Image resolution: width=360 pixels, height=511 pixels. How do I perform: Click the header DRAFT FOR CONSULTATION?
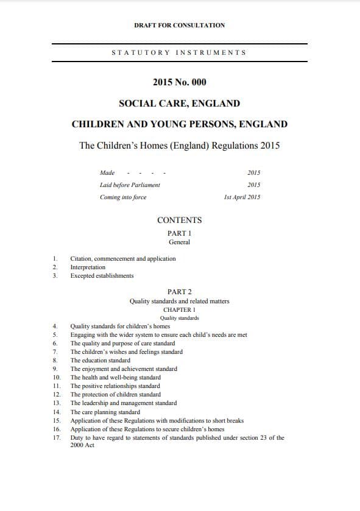(x=179, y=25)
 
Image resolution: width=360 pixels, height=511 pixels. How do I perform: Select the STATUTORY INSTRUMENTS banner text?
(x=179, y=52)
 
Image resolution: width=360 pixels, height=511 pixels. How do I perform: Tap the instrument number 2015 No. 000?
(x=179, y=82)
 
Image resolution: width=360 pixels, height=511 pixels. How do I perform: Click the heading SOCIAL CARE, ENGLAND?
(x=179, y=104)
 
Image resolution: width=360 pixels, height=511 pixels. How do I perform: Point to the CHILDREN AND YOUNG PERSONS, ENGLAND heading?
(x=179, y=124)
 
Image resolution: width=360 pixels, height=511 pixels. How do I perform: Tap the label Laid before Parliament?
(x=130, y=185)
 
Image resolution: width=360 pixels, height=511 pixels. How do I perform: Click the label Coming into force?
(x=122, y=197)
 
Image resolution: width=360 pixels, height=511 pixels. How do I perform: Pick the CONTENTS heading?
(x=179, y=220)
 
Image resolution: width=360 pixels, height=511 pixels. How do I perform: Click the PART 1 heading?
(x=179, y=233)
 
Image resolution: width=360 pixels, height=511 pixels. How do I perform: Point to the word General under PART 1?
(x=179, y=242)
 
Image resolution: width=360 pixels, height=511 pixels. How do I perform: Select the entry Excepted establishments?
(x=102, y=276)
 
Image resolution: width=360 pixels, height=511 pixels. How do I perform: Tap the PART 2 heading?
(x=179, y=292)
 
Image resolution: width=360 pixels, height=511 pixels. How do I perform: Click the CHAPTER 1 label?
(x=179, y=310)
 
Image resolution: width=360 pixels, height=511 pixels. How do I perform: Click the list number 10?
(x=56, y=378)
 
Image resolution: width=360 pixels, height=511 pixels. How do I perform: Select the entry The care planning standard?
(x=105, y=412)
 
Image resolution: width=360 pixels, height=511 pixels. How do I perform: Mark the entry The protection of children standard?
(x=115, y=395)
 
